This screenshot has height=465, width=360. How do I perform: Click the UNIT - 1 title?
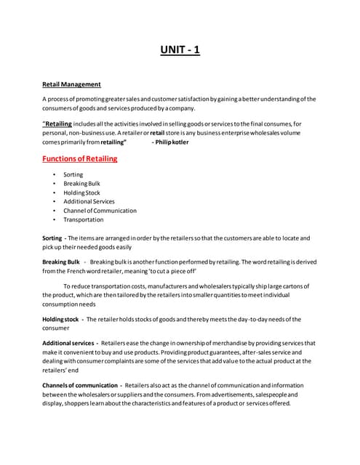[x=180, y=50]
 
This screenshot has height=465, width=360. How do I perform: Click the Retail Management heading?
[x=71, y=84]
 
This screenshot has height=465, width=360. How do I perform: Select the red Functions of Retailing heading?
[x=79, y=158]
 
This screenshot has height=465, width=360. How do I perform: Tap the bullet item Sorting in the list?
[x=73, y=174]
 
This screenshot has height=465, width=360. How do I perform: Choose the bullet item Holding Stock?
[x=81, y=193]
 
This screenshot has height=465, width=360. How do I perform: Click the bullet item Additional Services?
[x=89, y=201]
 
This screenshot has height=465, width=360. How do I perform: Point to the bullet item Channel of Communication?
[x=100, y=211]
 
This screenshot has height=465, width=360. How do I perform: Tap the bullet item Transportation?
[x=84, y=219]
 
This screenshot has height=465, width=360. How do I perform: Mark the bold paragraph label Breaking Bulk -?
[x=64, y=261]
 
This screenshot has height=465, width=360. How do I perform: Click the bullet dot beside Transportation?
[x=54, y=219]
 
